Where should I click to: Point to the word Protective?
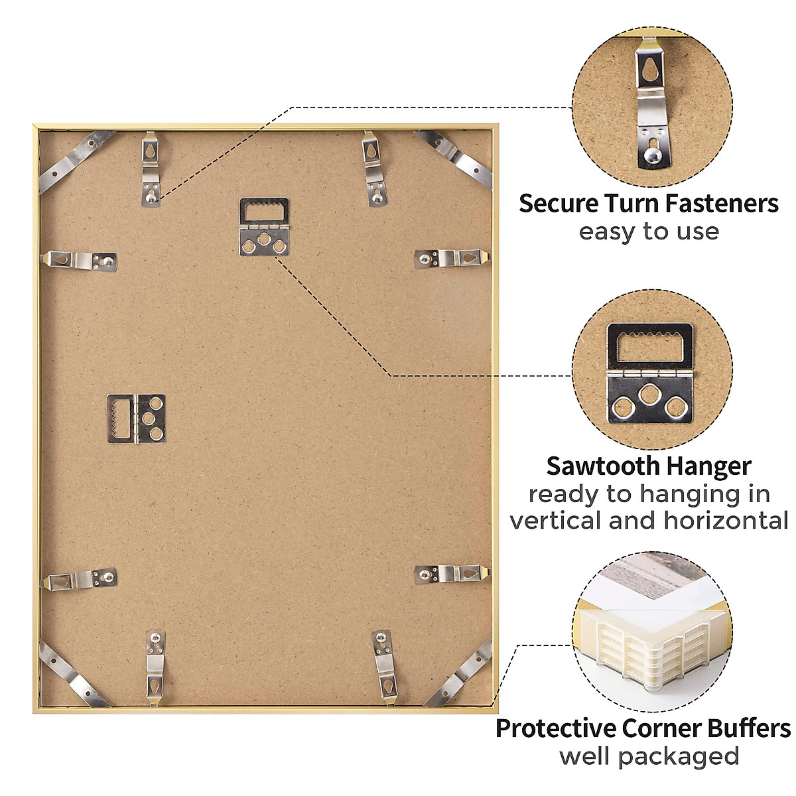tap(555, 728)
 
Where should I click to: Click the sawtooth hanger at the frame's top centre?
tap(263, 226)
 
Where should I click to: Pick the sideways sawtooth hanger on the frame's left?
tap(136, 419)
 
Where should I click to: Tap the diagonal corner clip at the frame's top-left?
tap(75, 161)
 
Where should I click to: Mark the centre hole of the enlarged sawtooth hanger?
tap(651, 396)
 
